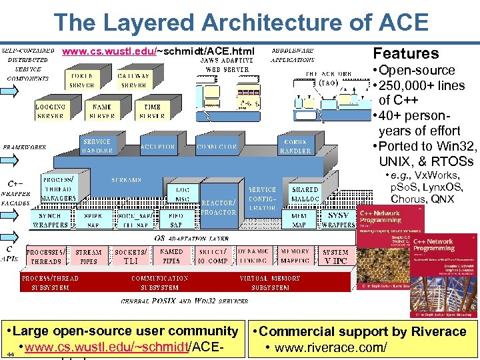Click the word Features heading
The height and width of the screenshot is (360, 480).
click(x=405, y=53)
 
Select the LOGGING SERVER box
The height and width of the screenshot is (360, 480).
click(x=51, y=111)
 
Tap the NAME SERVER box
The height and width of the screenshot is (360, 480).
click(x=102, y=111)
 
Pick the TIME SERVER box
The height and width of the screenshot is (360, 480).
click(x=152, y=111)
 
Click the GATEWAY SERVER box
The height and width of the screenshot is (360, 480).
click(x=133, y=81)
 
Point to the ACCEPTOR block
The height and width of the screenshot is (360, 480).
click(x=158, y=146)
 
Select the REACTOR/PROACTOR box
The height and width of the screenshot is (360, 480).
click(x=219, y=207)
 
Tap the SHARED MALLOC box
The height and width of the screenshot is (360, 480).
click(x=305, y=194)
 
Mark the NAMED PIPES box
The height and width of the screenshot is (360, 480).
click(x=171, y=257)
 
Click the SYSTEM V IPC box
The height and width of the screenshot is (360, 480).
click(x=335, y=257)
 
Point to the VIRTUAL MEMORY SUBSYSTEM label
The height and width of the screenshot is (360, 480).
click(x=270, y=283)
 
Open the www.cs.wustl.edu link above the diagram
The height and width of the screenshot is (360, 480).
click(x=110, y=51)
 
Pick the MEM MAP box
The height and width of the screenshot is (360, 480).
click(x=294, y=220)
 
